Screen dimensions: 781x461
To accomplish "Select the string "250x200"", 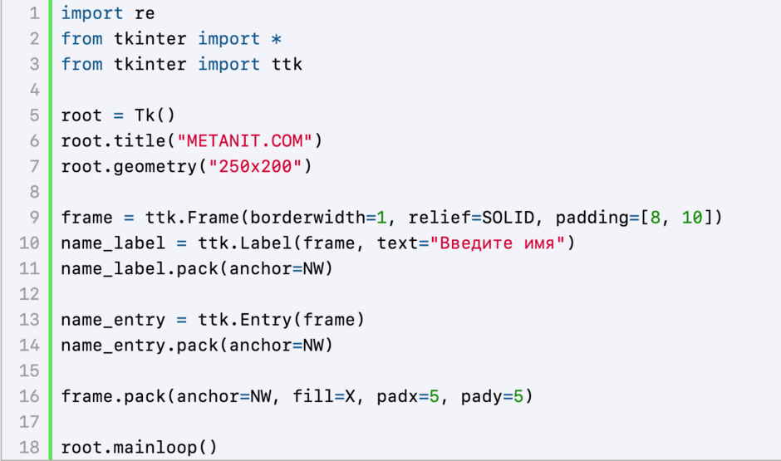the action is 255,166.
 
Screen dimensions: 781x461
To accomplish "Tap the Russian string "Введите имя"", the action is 497,243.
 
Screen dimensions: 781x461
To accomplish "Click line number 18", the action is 29,447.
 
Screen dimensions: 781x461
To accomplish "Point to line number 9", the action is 34,217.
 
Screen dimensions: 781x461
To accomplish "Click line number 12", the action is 29,294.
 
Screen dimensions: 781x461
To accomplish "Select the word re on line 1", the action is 145,13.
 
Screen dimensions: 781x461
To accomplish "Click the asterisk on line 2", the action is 276,39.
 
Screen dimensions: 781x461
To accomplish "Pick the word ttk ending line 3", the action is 287,64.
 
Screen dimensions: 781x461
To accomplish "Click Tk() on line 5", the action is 155,115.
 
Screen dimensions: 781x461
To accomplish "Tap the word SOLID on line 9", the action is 508,217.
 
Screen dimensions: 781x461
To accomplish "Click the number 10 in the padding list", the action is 692,217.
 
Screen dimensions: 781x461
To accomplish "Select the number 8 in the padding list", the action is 655,217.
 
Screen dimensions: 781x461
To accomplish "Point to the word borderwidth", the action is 307,217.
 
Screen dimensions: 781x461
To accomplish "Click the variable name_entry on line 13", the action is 113,320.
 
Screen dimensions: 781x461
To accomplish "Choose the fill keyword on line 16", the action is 313,396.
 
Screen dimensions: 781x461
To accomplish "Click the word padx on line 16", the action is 397,397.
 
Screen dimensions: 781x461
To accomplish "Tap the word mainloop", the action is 155,448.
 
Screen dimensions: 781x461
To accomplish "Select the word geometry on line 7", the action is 155,167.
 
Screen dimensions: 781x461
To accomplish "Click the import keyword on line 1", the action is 92,13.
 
